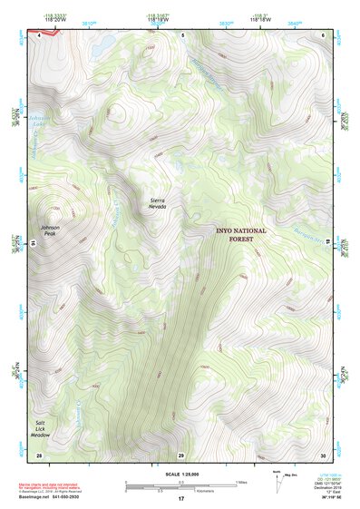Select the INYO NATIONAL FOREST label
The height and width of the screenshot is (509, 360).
(x=241, y=234)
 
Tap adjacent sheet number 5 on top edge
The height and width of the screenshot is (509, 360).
(x=182, y=34)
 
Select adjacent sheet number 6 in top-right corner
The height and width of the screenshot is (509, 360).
(x=323, y=34)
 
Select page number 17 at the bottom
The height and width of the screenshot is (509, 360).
(x=180, y=499)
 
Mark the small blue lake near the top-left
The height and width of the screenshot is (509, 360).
(x=105, y=43)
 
